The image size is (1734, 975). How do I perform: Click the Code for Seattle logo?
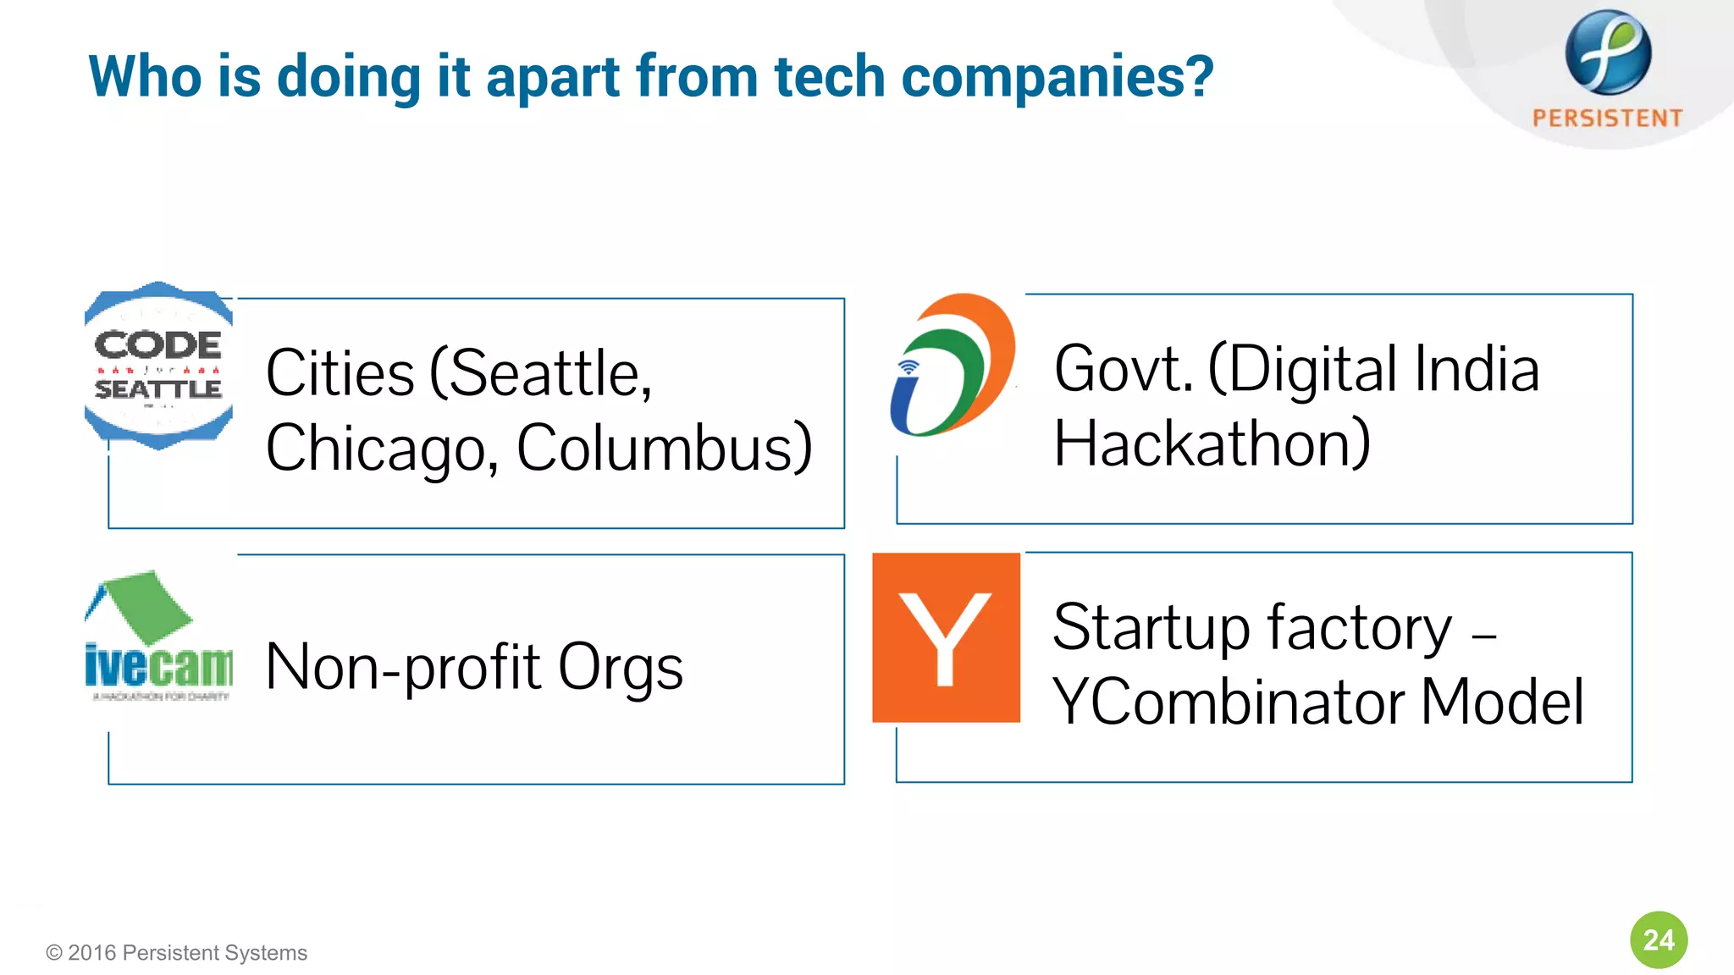[158, 366]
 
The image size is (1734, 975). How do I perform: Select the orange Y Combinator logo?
[946, 637]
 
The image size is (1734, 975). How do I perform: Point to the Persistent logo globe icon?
[1607, 52]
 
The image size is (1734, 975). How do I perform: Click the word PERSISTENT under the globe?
[1607, 118]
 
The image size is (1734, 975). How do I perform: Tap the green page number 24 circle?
[1658, 939]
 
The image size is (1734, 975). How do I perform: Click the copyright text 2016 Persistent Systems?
[177, 953]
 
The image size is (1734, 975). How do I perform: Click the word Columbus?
[664, 448]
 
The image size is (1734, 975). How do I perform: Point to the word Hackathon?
[1211, 443]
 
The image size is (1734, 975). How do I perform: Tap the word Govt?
[1123, 369]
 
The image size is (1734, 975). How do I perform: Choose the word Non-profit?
[402, 668]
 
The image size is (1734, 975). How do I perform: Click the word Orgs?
[620, 668]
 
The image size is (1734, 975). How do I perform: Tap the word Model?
[1502, 702]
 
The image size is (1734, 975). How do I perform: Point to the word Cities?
[340, 373]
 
